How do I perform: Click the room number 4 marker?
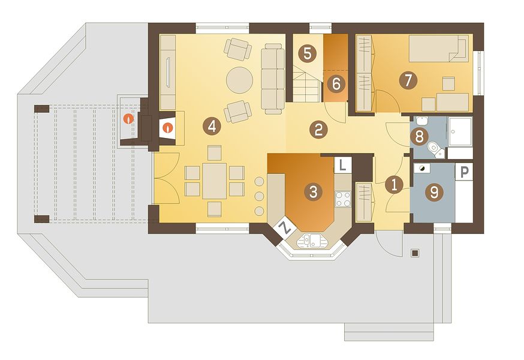click(x=212, y=126)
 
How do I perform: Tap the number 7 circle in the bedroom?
click(x=408, y=80)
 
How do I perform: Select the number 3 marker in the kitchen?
click(x=313, y=192)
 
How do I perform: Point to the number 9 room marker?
click(x=434, y=192)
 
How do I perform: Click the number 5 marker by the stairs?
click(x=308, y=53)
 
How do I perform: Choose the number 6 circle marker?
click(x=336, y=83)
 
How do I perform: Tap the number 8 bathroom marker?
click(x=418, y=136)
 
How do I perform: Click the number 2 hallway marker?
click(x=318, y=130)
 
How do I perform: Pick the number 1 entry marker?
click(x=394, y=185)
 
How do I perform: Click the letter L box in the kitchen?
click(x=342, y=165)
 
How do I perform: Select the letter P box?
click(x=465, y=172)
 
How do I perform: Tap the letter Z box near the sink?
click(x=285, y=229)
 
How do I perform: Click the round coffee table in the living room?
click(x=239, y=80)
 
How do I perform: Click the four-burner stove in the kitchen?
click(x=343, y=199)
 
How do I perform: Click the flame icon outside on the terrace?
click(x=129, y=118)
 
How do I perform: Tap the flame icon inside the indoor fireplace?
click(x=168, y=127)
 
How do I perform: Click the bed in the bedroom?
click(x=439, y=49)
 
